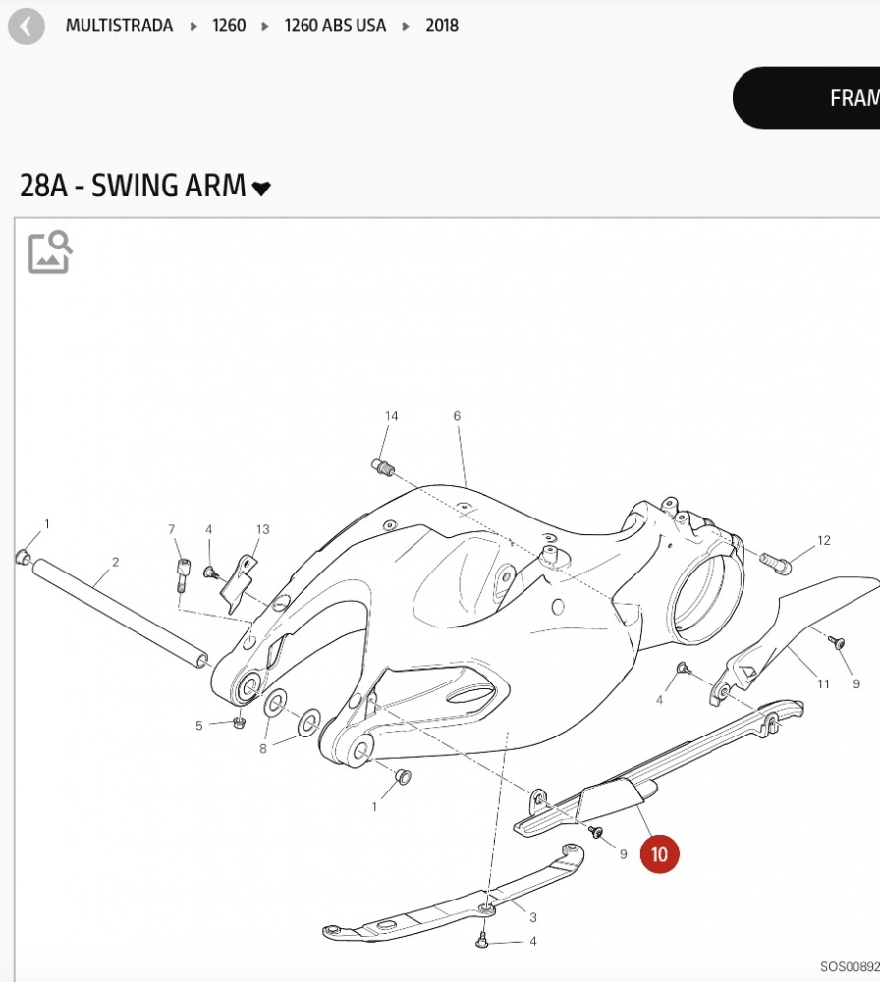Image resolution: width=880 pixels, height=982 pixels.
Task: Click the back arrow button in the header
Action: point(26,27)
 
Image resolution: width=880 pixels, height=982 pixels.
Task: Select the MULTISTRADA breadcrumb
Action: point(119,26)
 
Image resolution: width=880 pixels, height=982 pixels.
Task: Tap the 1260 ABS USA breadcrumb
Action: point(335,26)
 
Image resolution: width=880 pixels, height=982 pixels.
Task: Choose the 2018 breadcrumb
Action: point(442,26)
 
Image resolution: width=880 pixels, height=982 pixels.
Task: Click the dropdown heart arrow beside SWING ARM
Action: point(261,188)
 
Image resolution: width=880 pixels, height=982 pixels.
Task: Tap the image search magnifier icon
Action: point(50,252)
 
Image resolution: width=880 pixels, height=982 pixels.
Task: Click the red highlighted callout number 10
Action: point(659,854)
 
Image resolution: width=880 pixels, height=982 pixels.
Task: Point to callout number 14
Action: point(391,417)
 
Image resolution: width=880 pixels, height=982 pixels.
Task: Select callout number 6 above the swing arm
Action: point(457,417)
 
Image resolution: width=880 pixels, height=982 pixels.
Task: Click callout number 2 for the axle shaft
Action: point(115,562)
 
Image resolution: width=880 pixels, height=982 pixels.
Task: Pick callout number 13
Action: point(263,530)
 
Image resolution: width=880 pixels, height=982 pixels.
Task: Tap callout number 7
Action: point(172,530)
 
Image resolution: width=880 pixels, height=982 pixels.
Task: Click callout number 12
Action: point(824,540)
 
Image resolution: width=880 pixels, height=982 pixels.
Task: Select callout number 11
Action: point(823,684)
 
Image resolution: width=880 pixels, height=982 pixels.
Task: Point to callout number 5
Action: point(199,726)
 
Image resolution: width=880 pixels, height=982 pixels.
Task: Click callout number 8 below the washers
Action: point(262,749)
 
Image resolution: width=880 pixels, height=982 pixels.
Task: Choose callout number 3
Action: point(533,918)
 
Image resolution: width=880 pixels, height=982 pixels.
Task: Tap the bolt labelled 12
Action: point(774,563)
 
